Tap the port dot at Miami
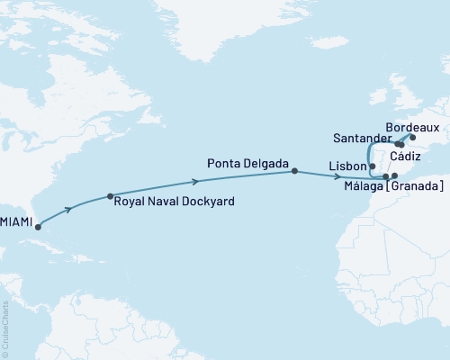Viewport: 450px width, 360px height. pyautogui.click(x=38, y=226)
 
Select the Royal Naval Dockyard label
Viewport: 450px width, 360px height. pyautogui.click(x=174, y=202)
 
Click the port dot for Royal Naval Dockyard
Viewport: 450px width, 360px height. pyautogui.click(x=110, y=196)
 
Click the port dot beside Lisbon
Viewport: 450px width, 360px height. pyautogui.click(x=373, y=166)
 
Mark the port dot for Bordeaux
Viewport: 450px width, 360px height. pyautogui.click(x=412, y=138)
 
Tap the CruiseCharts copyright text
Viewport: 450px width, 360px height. pyautogui.click(x=5, y=328)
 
